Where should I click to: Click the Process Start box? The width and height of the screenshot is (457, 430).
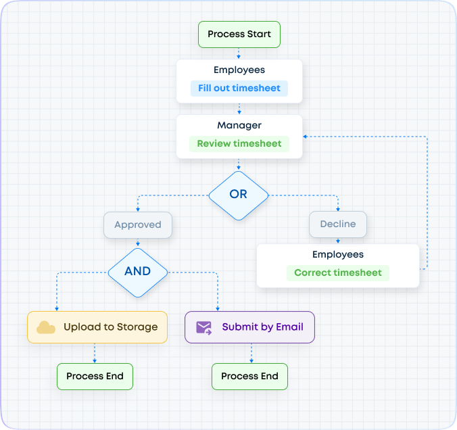pos(239,34)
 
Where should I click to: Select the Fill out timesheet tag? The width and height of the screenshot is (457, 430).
pos(239,89)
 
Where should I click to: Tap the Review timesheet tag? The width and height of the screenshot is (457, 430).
pos(239,144)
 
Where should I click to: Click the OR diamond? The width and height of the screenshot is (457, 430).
pos(239,194)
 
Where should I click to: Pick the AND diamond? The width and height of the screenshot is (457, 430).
pos(138,271)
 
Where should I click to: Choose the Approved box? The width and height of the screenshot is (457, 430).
pos(138,225)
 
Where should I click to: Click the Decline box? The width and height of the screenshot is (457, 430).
pos(338,224)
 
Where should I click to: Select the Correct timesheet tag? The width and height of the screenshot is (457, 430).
pos(338,273)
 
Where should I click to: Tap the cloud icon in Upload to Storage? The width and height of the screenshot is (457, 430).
pos(46,327)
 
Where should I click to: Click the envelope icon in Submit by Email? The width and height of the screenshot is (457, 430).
pos(203,327)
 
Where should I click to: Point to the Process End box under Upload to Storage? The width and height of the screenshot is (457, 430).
pos(95,377)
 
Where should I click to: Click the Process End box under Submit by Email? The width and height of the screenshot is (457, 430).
pos(249,377)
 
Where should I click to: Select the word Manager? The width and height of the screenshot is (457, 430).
pos(239,126)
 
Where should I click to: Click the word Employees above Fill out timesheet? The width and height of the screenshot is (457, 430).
pos(239,70)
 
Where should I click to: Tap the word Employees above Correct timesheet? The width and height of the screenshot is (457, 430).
pos(338,255)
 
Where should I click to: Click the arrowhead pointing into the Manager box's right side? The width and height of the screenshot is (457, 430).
pos(306,137)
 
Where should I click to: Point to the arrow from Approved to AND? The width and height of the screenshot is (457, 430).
pos(138,243)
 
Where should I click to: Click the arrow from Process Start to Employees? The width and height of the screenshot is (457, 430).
pos(239,53)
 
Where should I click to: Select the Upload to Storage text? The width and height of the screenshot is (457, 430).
pos(110,327)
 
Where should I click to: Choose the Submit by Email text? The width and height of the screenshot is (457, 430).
pos(262,327)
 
